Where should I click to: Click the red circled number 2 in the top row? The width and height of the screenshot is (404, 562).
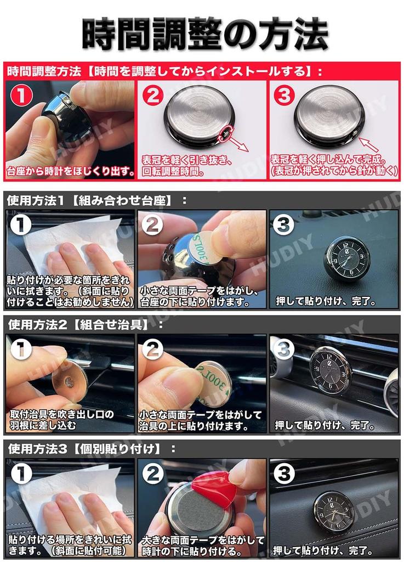click(x=153, y=95)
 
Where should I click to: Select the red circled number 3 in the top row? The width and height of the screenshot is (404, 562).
click(x=283, y=95)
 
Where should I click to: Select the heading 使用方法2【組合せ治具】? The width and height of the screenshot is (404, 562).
click(x=85, y=324)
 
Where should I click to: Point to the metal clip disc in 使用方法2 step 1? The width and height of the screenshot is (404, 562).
click(x=69, y=381)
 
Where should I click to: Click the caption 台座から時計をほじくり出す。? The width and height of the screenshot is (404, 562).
click(x=70, y=171)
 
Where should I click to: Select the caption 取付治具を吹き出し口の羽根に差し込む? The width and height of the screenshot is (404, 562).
click(x=62, y=419)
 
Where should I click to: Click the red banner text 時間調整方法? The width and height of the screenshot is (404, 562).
click(x=43, y=71)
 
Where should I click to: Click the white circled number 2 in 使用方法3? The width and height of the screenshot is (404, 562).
click(x=153, y=474)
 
